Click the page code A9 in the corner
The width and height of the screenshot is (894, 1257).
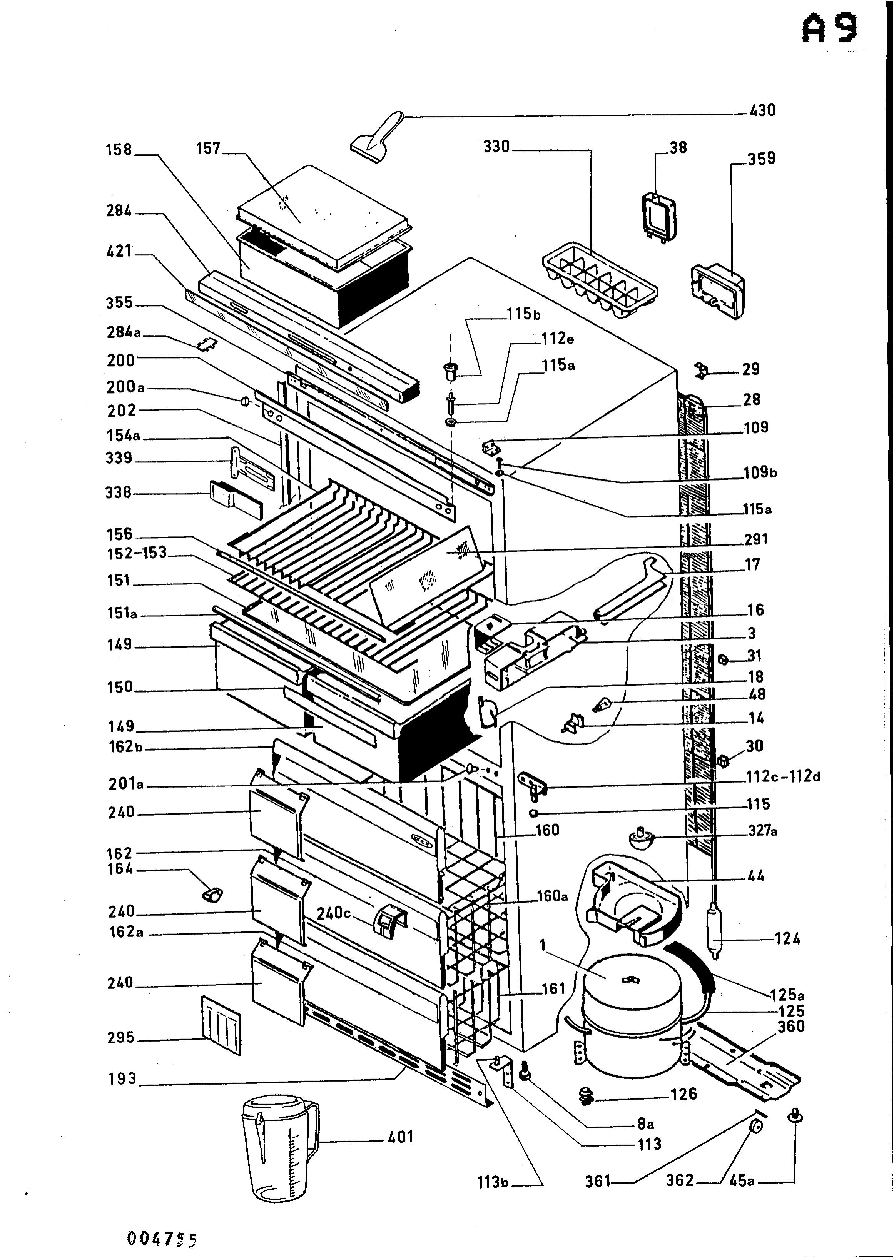[829, 29]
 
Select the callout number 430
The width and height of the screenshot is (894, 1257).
[762, 111]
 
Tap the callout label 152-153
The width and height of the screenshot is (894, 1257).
[137, 553]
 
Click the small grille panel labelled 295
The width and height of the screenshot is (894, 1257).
[221, 1025]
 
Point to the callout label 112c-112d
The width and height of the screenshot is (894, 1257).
[783, 776]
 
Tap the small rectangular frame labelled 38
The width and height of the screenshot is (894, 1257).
[659, 217]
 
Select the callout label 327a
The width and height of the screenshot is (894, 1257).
[762, 830]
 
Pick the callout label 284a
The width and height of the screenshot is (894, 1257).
[124, 332]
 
